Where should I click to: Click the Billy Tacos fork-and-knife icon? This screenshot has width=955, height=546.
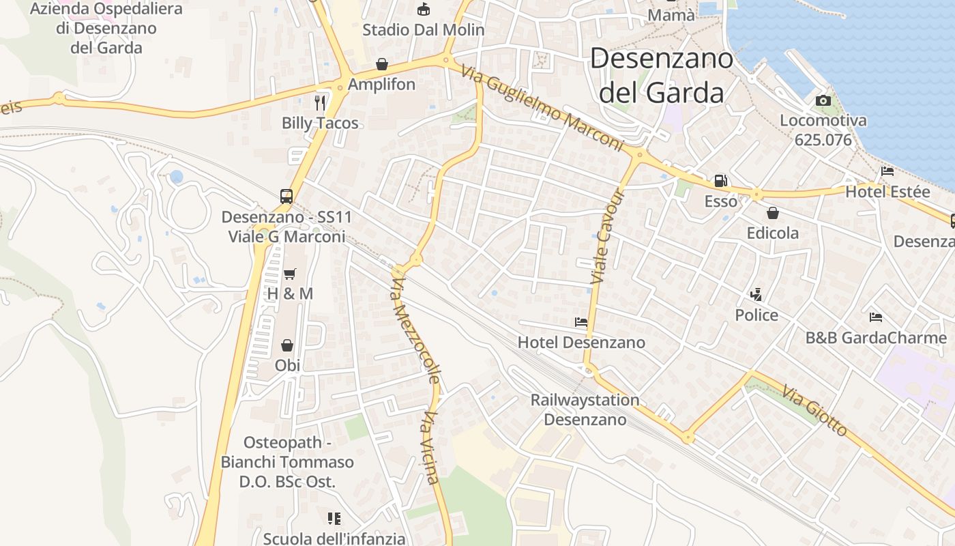click(320, 102)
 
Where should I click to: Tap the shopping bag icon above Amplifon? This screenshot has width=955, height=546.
click(382, 64)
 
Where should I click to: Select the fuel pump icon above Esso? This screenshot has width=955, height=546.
click(720, 181)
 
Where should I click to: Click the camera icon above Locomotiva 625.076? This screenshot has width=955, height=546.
click(823, 101)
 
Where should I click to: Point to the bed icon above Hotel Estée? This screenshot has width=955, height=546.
click(887, 171)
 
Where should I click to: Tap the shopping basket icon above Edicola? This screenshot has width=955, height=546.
click(773, 213)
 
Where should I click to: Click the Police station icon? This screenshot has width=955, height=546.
click(756, 295)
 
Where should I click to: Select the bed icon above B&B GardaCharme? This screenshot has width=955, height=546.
click(876, 317)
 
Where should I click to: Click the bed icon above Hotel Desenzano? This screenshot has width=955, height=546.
click(581, 321)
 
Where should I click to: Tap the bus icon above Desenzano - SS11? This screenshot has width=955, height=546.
click(286, 197)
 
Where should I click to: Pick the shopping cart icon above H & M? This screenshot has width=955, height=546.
click(290, 274)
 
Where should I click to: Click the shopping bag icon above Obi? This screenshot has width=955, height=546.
click(287, 345)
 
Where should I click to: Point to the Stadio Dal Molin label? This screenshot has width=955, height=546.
click(423, 30)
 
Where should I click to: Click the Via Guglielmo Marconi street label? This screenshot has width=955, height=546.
click(543, 108)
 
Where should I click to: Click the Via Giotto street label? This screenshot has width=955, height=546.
click(814, 412)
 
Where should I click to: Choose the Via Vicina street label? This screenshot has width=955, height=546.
click(431, 448)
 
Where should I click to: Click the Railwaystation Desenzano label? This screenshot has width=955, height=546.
click(585, 409)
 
